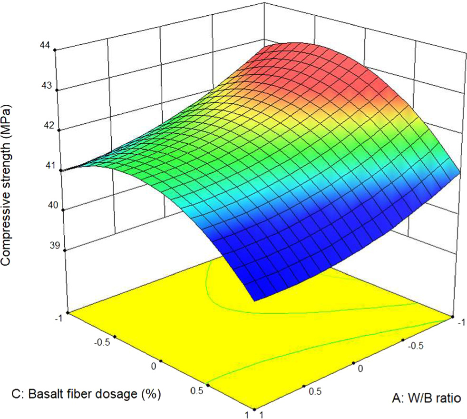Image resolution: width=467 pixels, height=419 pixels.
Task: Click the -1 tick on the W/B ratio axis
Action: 460,322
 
